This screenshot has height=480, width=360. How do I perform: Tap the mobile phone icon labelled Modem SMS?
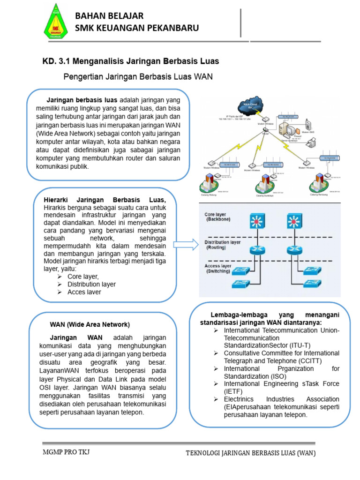(x=308, y=125)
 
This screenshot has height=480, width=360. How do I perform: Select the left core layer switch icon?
(x=256, y=221)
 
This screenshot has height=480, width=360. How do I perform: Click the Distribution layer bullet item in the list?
(x=91, y=284)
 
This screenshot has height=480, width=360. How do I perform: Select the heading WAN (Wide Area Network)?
(x=90, y=324)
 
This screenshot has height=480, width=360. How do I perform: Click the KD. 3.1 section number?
(x=53, y=61)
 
